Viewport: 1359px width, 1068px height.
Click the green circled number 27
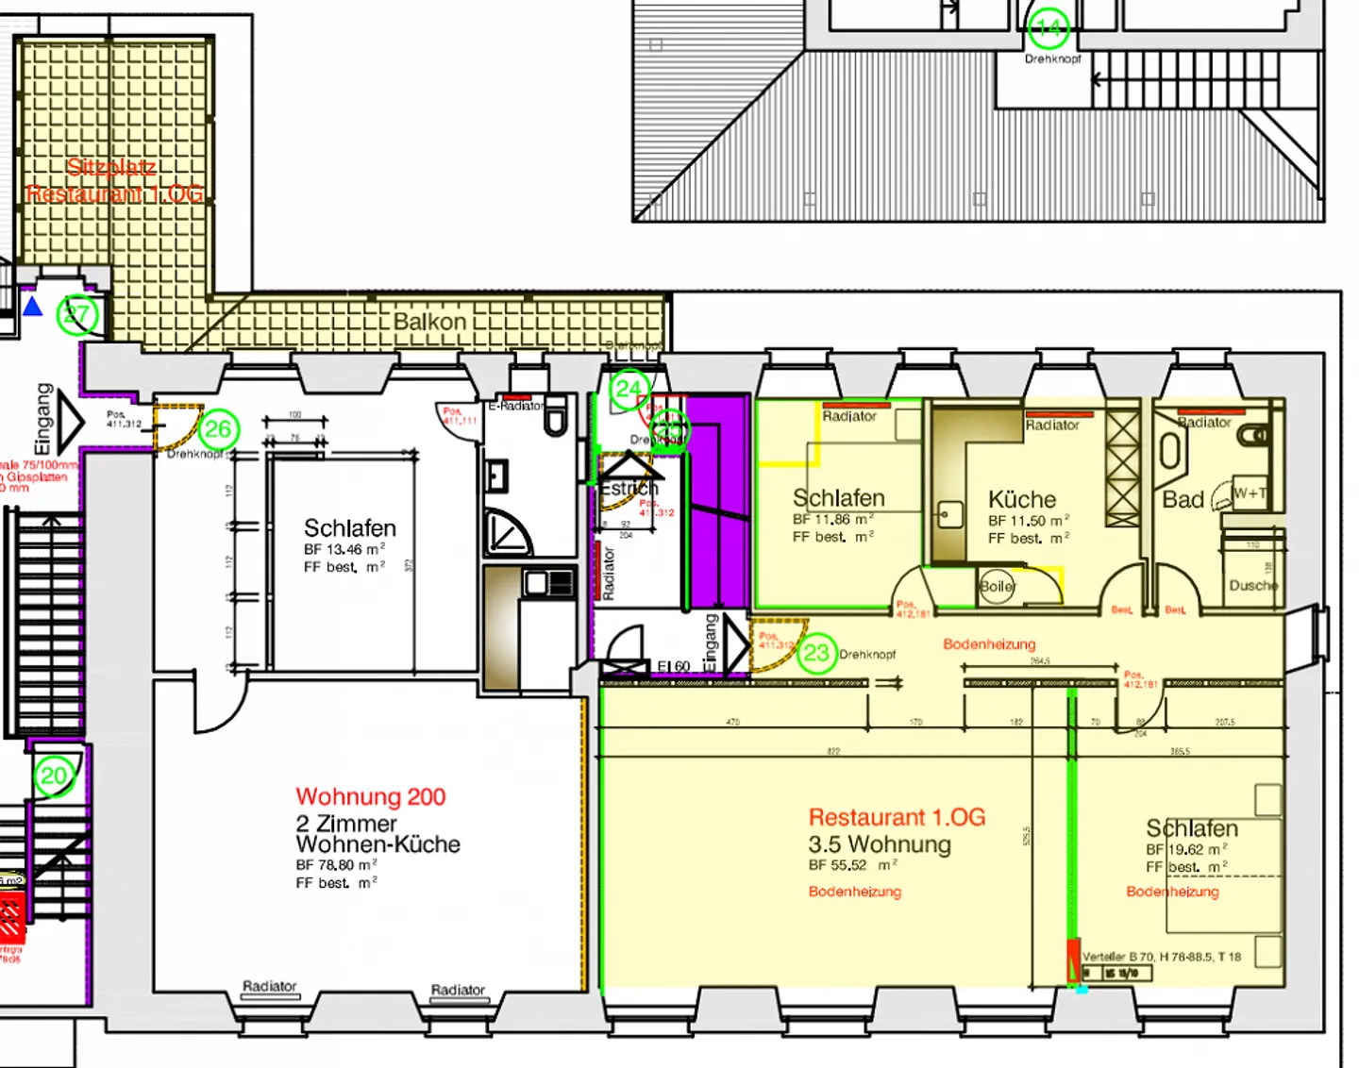(x=76, y=315)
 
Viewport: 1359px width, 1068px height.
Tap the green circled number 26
(x=218, y=429)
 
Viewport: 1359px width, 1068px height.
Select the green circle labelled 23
(x=816, y=653)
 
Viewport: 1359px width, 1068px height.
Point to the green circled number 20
(x=54, y=776)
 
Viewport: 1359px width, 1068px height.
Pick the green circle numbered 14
(x=1049, y=28)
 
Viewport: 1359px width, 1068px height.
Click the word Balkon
(x=429, y=322)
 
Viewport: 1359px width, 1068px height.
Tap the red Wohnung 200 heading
(x=370, y=797)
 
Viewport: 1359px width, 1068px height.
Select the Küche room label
(x=1021, y=499)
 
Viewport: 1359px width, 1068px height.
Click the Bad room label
(x=1183, y=499)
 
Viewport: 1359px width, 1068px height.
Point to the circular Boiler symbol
(x=997, y=586)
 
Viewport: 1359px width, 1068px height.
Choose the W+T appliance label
(x=1250, y=492)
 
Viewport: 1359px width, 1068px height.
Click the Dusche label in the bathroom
(x=1253, y=586)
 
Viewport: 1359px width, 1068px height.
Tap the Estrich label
(x=629, y=489)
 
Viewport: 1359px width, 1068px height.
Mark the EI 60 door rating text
(x=674, y=666)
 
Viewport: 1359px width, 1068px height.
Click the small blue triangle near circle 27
(x=33, y=307)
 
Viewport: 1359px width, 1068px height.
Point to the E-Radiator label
(x=515, y=406)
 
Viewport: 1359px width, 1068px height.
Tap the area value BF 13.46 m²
(x=344, y=549)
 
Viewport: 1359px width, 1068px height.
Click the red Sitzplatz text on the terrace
(x=111, y=168)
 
